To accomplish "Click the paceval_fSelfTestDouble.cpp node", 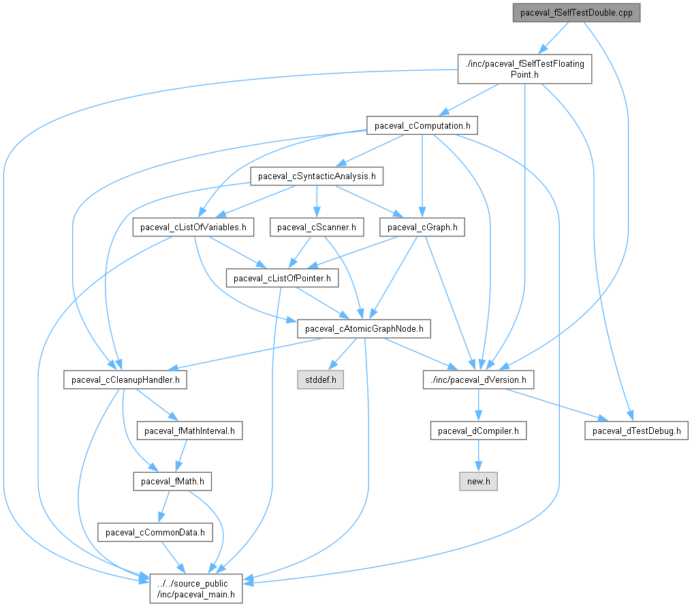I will pyautogui.click(x=576, y=13).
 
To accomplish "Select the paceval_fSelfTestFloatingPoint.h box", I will pyautogui.click(x=524, y=69).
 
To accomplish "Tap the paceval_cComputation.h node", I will pyautogui.click(x=422, y=125).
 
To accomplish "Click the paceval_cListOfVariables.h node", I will pyautogui.click(x=193, y=227).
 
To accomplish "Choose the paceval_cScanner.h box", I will pyautogui.click(x=317, y=227).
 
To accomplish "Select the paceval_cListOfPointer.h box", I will pyautogui.click(x=282, y=278).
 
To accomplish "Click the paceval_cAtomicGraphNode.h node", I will pyautogui.click(x=364, y=329).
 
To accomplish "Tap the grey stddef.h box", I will pyautogui.click(x=319, y=379).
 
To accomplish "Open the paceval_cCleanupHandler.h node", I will pyautogui.click(x=125, y=379).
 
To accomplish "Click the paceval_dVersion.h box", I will pyautogui.click(x=478, y=379).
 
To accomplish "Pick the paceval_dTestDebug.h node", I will pyautogui.click(x=635, y=431).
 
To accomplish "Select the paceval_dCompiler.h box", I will pyautogui.click(x=478, y=431).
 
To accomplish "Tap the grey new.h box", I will pyautogui.click(x=478, y=481).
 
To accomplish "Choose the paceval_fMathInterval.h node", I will pyautogui.click(x=189, y=431).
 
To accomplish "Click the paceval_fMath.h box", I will pyautogui.click(x=172, y=481).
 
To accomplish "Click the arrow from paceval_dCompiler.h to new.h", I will pyautogui.click(x=478, y=456).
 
